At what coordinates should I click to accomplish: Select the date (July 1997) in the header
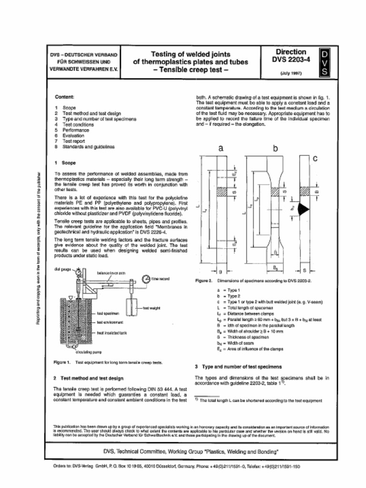[291, 73]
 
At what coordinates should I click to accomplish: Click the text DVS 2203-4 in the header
[291, 60]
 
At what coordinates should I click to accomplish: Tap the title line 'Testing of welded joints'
[191, 54]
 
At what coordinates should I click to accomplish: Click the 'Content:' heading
[64, 97]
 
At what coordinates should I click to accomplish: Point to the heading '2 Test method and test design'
[89, 378]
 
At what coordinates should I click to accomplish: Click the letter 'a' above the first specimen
[221, 149]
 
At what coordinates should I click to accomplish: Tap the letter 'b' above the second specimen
[275, 149]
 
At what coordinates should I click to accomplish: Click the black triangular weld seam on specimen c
[303, 208]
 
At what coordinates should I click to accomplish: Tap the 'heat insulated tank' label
[112, 333]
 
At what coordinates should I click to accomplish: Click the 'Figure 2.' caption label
[203, 281]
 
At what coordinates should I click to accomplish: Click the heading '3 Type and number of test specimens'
[238, 366]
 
